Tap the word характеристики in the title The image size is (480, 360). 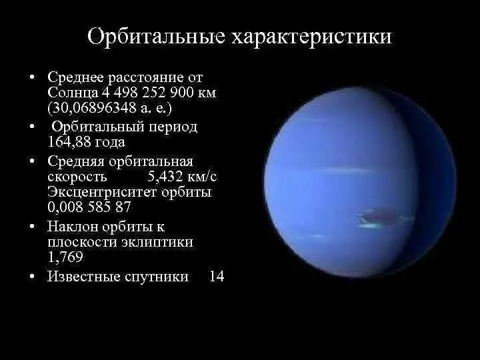[311, 36]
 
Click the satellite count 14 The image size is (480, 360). [216, 276]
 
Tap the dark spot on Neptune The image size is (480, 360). [378, 215]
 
